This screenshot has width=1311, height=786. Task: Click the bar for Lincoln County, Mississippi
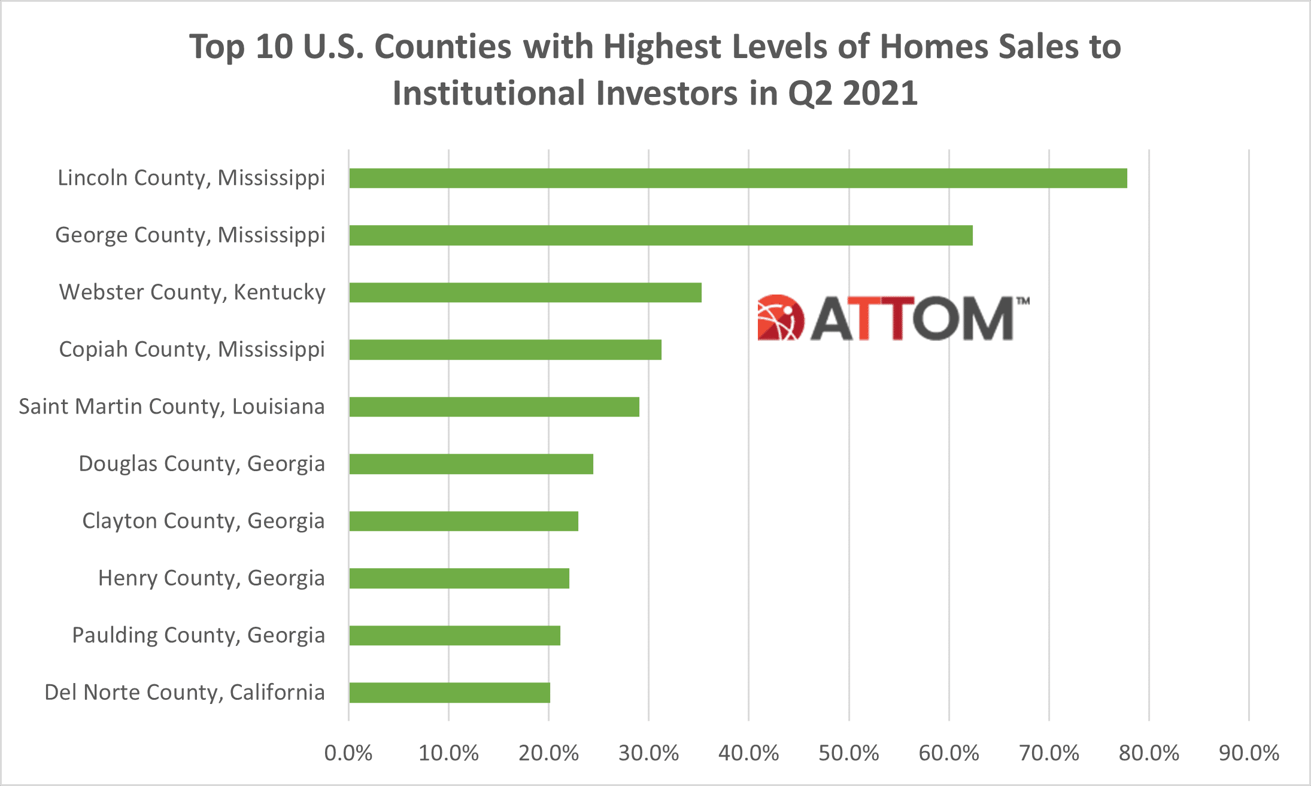pyautogui.click(x=738, y=178)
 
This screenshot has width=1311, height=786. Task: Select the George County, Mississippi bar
pyautogui.click(x=660, y=235)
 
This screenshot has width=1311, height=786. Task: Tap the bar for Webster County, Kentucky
pyautogui.click(x=525, y=293)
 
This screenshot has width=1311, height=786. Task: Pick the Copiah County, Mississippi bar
pyautogui.click(x=505, y=350)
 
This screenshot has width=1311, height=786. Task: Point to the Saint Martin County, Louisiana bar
pyautogui.click(x=494, y=407)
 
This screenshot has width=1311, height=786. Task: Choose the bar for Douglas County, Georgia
pyautogui.click(x=471, y=464)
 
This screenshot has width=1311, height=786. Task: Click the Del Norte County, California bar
pyautogui.click(x=449, y=693)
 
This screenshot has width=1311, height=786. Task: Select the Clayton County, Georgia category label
pyautogui.click(x=204, y=521)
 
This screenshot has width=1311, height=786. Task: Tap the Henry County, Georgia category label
pyautogui.click(x=211, y=578)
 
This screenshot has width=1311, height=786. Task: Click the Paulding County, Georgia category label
pyautogui.click(x=198, y=635)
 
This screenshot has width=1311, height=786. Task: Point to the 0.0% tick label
pyautogui.click(x=348, y=753)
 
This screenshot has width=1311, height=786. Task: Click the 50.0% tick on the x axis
pyautogui.click(x=849, y=753)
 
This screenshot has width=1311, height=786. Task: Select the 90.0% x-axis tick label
pyautogui.click(x=1249, y=753)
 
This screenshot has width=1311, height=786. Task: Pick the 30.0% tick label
pyautogui.click(x=649, y=753)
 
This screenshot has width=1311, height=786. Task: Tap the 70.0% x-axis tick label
pyautogui.click(x=1049, y=753)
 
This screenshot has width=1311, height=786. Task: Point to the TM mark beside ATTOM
pyautogui.click(x=1022, y=301)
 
